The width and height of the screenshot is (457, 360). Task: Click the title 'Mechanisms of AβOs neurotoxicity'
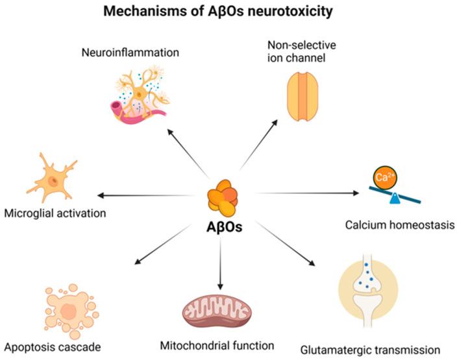229,11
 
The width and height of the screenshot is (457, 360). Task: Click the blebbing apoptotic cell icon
66,309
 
